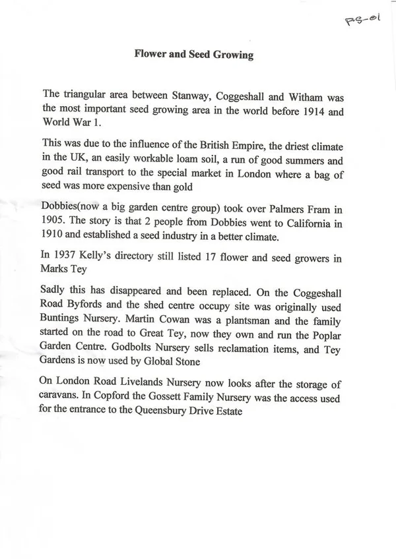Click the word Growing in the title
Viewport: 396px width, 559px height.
230,55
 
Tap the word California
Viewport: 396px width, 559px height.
309,227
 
